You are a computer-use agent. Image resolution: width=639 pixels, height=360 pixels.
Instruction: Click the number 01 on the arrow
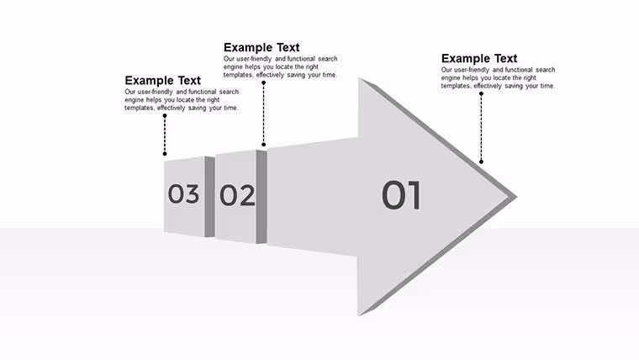click(401, 195)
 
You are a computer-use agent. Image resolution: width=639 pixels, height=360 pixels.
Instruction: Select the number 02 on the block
click(237, 195)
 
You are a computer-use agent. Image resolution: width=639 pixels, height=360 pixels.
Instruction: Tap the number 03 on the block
click(183, 193)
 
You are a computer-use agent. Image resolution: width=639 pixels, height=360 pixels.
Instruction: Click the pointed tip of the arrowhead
click(517, 197)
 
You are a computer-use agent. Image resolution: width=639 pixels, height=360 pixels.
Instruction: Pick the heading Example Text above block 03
click(162, 80)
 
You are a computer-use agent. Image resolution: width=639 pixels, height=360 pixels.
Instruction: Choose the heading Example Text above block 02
click(261, 47)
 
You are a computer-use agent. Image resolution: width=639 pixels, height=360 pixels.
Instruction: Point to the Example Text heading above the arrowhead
click(479, 58)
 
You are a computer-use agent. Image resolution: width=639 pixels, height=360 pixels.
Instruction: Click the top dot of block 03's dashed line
click(165, 116)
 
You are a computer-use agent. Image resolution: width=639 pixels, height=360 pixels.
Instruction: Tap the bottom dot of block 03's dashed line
click(165, 154)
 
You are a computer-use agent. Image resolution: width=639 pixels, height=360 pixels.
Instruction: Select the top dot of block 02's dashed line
click(264, 82)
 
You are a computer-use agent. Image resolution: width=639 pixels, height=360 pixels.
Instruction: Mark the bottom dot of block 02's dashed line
click(264, 145)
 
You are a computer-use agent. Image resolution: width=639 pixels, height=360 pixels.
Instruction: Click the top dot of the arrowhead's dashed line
click(481, 93)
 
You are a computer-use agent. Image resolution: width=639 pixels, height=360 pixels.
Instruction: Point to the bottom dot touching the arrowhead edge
click(481, 161)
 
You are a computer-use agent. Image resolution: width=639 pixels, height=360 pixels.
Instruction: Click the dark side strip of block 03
click(209, 197)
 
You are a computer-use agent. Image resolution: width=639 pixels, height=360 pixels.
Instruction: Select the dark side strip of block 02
click(261, 197)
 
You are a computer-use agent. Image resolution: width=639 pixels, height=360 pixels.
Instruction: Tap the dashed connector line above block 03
click(165, 135)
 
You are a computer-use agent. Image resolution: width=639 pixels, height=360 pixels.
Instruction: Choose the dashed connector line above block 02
click(264, 114)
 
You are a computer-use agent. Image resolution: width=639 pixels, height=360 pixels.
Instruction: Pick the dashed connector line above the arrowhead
click(481, 128)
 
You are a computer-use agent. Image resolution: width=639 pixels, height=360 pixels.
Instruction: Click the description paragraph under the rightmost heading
click(498, 78)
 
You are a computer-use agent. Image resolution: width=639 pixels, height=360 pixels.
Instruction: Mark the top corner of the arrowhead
click(359, 78)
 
